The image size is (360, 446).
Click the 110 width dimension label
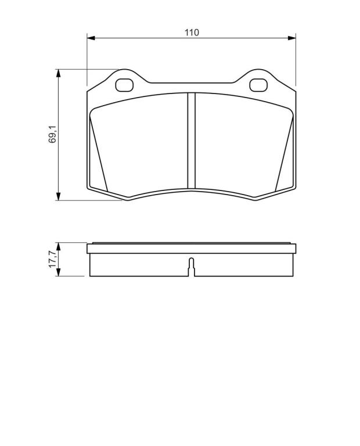pyautogui.click(x=192, y=33)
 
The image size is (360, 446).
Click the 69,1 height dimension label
pyautogui.click(x=53, y=134)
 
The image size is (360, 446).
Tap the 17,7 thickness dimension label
pyautogui.click(x=53, y=259)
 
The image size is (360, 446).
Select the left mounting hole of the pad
pyautogui.click(x=124, y=85)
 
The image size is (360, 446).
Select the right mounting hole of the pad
pyautogui.click(x=258, y=85)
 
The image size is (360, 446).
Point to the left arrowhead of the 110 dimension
pyautogui.click(x=91, y=38)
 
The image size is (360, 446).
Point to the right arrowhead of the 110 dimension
pyautogui.click(x=291, y=38)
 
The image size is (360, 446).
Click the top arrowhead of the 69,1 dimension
pyautogui.click(x=58, y=73)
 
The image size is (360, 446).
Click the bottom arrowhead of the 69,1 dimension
pyautogui.click(x=58, y=196)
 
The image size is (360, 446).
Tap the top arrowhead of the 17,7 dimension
pyautogui.click(x=58, y=247)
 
